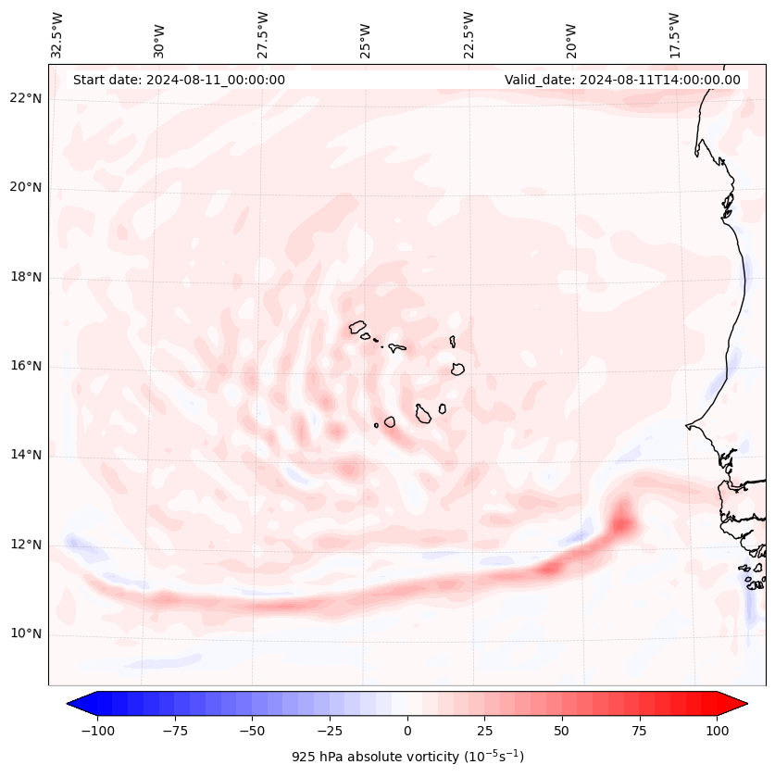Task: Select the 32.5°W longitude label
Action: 57,34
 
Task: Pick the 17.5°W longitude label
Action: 674,34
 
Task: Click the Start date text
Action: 179,80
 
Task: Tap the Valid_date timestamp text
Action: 622,80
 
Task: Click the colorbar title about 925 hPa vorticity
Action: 407,757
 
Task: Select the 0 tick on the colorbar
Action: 407,731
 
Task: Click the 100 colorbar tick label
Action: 718,731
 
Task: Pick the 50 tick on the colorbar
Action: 562,731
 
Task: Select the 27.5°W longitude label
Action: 263,34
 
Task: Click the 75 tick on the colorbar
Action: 640,731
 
